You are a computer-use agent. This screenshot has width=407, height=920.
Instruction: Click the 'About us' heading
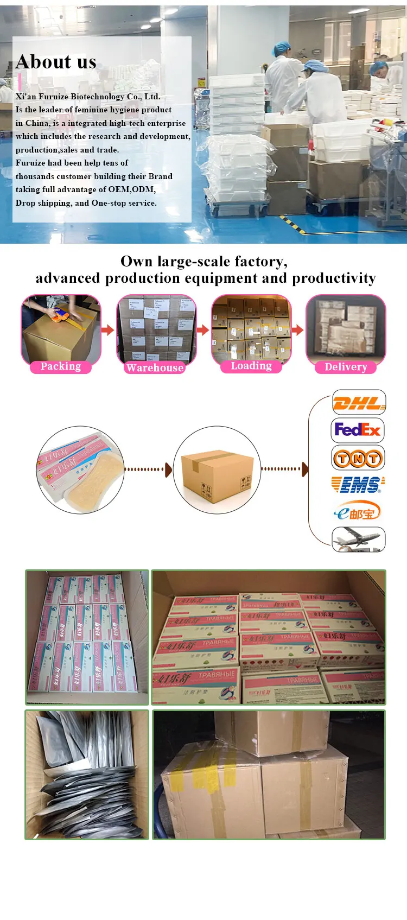56,62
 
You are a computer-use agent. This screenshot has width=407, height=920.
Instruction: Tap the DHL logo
359,403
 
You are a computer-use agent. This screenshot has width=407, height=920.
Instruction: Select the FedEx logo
358,430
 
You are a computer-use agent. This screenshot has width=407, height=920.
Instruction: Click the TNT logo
358,458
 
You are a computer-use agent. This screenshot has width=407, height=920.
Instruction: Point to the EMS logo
358,484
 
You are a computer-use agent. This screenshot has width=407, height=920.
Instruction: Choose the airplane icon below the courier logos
358,540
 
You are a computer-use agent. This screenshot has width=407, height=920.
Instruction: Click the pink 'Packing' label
61,366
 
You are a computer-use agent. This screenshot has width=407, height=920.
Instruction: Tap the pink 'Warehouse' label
155,367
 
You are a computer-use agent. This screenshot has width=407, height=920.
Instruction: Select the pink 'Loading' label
251,366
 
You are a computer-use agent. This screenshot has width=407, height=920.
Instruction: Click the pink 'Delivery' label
346,367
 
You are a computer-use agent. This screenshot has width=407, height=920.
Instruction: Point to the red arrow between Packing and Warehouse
108,329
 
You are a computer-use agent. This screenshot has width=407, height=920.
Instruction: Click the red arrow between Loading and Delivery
297,329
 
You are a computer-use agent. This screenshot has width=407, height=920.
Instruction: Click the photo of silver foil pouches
87,775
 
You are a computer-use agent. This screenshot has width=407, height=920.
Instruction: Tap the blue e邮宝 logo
357,512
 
